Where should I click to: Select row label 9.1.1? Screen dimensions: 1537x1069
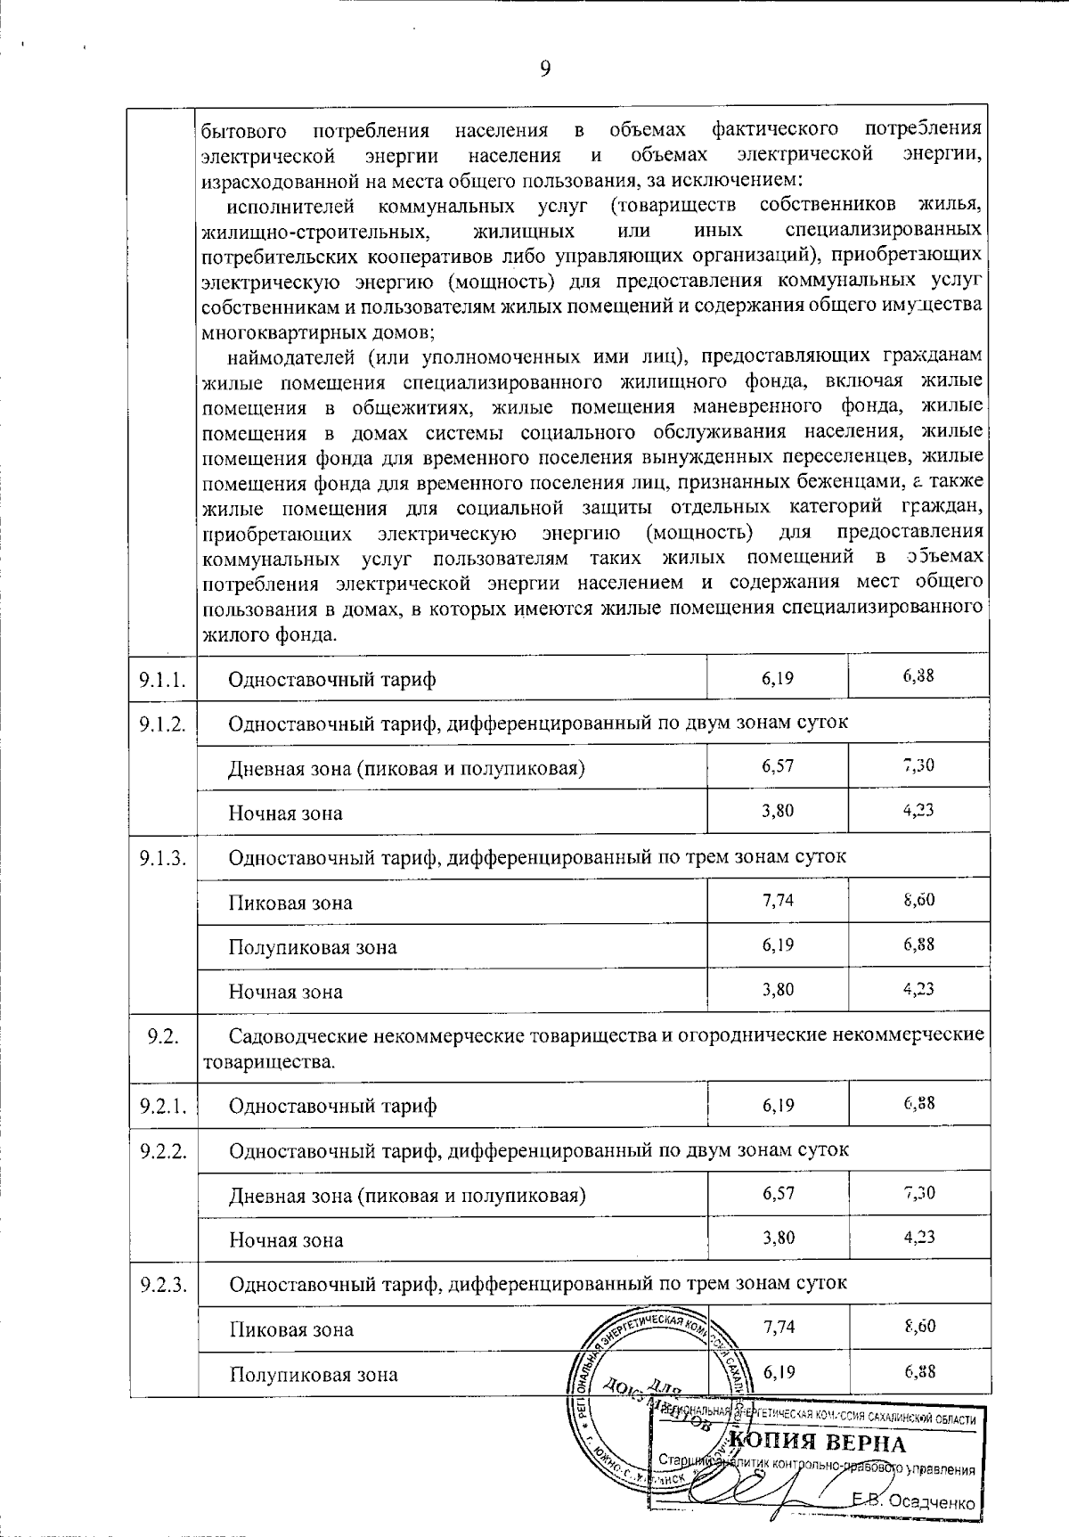coord(162,680)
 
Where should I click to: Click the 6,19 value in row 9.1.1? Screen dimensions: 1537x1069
coord(778,678)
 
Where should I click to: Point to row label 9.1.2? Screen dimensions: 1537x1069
coord(162,723)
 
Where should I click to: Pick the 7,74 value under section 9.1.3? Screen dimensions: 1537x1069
coord(778,900)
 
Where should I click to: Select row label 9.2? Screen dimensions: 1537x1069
coord(162,1035)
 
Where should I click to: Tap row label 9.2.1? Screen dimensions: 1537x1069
coord(162,1107)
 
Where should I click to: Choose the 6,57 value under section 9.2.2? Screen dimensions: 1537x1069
coord(778,1193)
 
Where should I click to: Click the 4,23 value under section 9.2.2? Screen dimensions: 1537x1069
coord(918,1237)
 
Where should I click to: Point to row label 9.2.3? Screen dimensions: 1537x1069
coord(162,1284)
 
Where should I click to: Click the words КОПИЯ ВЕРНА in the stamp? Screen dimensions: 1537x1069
coord(817,1444)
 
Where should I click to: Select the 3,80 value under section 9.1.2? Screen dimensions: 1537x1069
coord(778,811)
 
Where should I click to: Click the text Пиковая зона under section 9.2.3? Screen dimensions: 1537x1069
coord(290,1329)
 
